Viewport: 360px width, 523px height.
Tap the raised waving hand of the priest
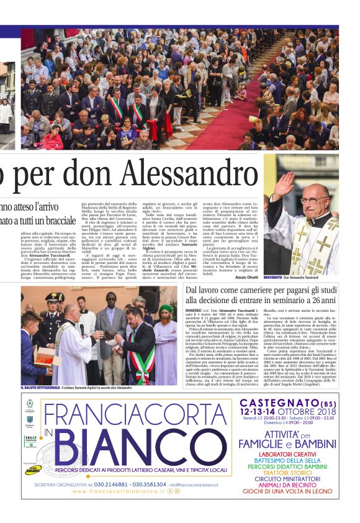coord(284,184)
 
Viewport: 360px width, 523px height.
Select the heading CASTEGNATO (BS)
coord(287,403)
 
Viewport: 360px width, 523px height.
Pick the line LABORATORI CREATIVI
coord(287,454)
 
